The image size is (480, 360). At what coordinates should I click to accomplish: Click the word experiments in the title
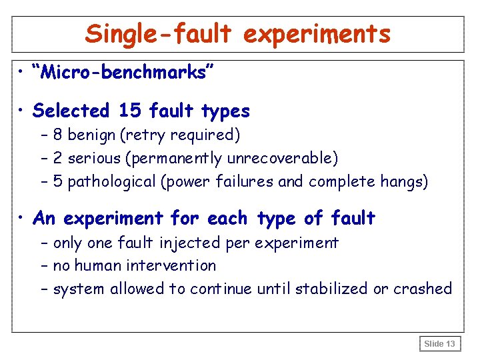pyautogui.click(x=317, y=34)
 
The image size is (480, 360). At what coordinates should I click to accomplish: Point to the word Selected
pyautogui.click(x=71, y=110)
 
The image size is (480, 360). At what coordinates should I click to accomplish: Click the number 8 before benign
pyautogui.click(x=58, y=135)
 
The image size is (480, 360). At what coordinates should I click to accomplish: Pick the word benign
pyautogui.click(x=91, y=135)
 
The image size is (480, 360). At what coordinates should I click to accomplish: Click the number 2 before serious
pyautogui.click(x=58, y=158)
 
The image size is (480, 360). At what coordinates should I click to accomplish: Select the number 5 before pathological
pyautogui.click(x=58, y=181)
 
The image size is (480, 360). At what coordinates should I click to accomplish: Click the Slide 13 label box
pyautogui.click(x=440, y=344)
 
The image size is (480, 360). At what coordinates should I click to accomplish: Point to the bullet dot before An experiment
pyautogui.click(x=23, y=218)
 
